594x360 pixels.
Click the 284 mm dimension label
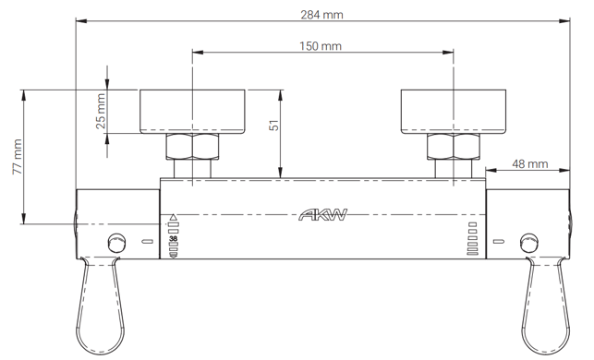pos(321,15)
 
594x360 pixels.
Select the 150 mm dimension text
pos(321,46)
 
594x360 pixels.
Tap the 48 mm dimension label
pos(530,164)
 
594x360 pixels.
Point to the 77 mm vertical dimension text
pos(17,157)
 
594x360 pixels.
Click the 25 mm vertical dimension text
pos(101,112)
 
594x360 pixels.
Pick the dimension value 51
pos(273,126)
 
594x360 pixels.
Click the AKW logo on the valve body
pos(322,215)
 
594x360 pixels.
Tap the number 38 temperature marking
pos(173,238)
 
